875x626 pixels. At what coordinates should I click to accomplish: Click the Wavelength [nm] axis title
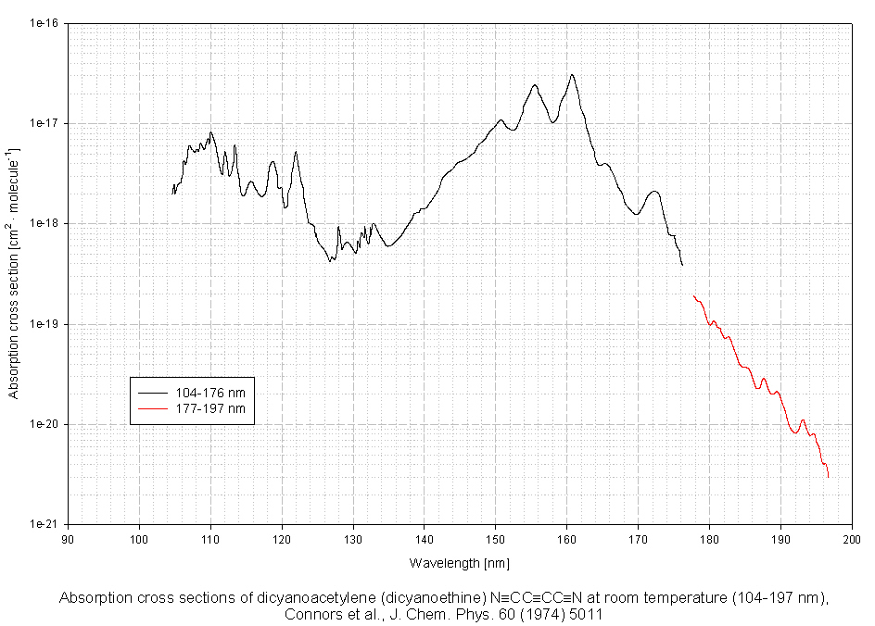(x=459, y=562)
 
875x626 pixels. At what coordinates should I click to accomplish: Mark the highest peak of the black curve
(x=572, y=75)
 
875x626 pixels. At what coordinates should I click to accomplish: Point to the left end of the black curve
(x=172, y=193)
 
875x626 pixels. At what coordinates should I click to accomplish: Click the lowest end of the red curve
(x=828, y=477)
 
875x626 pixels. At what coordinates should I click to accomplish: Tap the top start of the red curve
(x=693, y=295)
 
